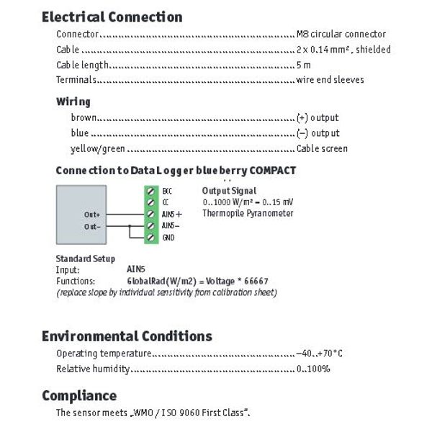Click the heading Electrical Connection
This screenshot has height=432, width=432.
112,17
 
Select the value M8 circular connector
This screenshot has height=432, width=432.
341,34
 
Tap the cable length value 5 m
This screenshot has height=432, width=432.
304,66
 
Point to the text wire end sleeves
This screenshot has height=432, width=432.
330,80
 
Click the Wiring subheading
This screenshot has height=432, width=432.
73,102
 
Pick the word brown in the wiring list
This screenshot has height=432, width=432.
84,117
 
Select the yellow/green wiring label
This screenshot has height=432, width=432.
98,149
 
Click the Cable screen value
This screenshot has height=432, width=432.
322,149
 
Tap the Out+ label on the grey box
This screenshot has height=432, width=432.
92,215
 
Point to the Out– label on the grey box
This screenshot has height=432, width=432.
92,227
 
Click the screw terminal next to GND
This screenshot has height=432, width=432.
150,238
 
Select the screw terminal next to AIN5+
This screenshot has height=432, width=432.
150,214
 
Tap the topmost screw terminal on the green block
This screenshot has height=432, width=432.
150,191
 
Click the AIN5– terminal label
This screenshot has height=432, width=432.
171,226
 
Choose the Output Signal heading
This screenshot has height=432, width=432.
229,191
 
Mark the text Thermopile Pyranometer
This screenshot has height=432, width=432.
248,214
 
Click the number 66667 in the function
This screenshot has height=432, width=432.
256,282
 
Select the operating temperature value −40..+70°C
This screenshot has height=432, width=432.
319,354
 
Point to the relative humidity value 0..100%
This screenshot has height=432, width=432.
313,369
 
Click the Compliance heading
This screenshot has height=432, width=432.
79,396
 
